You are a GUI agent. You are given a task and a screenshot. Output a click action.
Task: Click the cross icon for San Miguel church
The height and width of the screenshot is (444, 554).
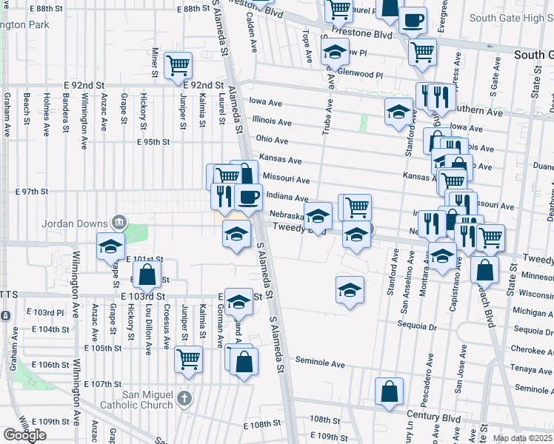pyautogui.click(x=184, y=399)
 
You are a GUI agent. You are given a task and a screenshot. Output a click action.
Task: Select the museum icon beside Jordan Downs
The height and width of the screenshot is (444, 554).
pyautogui.click(x=119, y=222)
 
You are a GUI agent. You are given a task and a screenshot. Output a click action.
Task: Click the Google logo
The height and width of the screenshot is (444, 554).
pyautogui.click(x=24, y=435)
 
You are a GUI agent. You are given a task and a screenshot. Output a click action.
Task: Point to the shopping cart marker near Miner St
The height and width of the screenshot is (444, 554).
pyautogui.click(x=178, y=67)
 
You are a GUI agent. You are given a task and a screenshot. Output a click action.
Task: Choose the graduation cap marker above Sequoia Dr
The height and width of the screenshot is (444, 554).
pyautogui.click(x=350, y=290)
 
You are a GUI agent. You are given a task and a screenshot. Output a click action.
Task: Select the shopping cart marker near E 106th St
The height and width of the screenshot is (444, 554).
pyautogui.click(x=189, y=360)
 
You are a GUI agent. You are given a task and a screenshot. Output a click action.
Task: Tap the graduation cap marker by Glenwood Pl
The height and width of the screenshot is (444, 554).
pyautogui.click(x=335, y=52)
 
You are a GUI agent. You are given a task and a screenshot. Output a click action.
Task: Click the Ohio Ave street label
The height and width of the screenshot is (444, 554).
pyautogui.click(x=272, y=140)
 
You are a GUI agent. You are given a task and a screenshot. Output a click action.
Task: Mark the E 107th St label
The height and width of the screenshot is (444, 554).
pyautogui.click(x=102, y=384)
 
